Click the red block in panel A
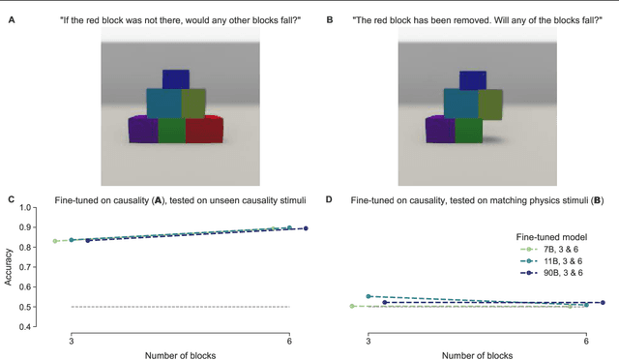[x=204, y=130]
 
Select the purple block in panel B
[x=440, y=130]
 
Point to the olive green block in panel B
[x=489, y=104]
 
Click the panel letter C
[x=12, y=199]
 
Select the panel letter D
[x=330, y=199]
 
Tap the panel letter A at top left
[x=12, y=17]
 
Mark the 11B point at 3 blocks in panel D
[x=368, y=296]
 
